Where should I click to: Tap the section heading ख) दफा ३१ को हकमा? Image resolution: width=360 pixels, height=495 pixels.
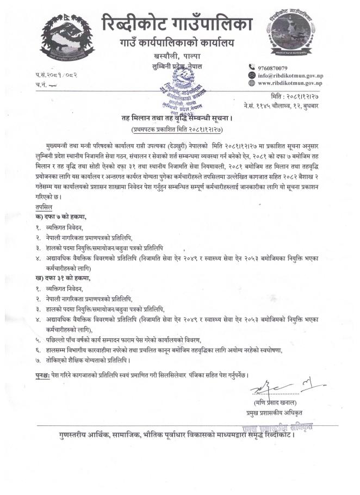(59, 279)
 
